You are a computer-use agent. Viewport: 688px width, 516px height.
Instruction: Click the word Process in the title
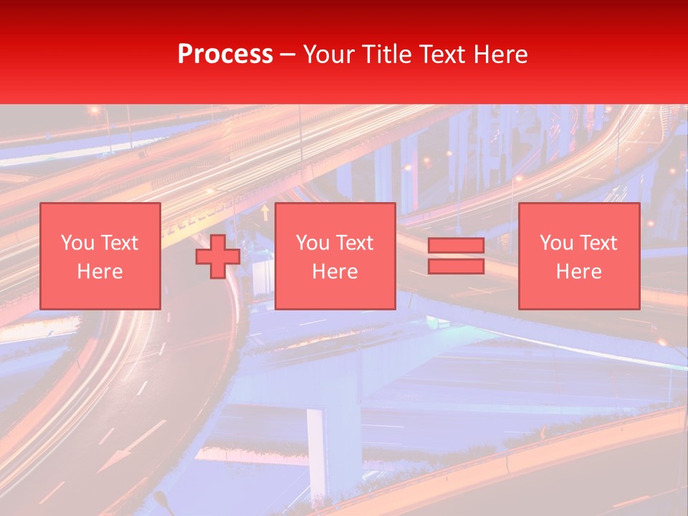225,54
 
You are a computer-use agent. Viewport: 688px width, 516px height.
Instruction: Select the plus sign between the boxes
218,257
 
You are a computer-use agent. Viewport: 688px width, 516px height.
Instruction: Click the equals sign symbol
456,256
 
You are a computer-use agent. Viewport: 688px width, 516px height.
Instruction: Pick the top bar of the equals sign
456,246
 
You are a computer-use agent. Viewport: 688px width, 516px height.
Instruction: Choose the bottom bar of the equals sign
456,266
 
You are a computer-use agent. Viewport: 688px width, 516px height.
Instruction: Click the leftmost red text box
100,256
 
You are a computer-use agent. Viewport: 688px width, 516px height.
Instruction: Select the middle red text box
335,256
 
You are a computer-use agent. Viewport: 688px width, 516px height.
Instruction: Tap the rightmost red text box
579,256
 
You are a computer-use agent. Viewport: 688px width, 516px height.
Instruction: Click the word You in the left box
77,243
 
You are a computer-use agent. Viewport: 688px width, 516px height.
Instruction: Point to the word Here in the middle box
335,271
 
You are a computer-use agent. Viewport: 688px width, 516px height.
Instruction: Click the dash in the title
287,54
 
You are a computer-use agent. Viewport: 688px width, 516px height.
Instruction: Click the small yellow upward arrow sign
265,211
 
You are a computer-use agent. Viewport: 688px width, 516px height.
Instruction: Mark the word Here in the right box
579,271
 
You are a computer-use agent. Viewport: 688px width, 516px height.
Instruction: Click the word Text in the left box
120,243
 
